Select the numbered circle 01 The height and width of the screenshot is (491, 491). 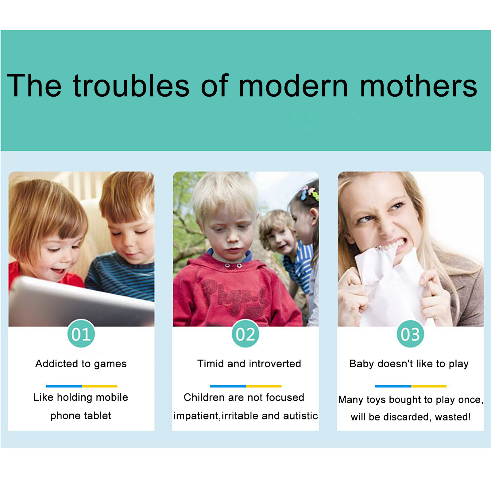[81, 334]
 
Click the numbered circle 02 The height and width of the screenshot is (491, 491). [245, 334]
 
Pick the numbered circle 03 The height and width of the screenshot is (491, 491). [410, 334]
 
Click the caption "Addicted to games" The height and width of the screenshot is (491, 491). [81, 364]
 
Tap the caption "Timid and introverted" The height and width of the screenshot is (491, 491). [249, 364]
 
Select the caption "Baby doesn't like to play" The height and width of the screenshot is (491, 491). [409, 364]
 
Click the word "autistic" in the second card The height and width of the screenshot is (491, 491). [300, 416]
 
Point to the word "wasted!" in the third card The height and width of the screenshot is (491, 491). [453, 417]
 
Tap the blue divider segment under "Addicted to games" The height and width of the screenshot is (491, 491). [64, 386]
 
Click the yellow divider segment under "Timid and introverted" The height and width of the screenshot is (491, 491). [264, 386]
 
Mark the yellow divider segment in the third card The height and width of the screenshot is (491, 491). [429, 386]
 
